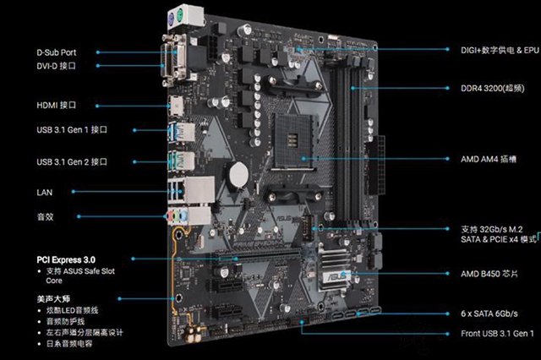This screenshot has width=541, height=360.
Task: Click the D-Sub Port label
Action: click(56, 52)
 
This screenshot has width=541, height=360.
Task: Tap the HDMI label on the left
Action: click(57, 106)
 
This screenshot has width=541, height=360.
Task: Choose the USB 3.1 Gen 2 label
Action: click(72, 161)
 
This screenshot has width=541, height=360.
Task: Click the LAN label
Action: click(44, 192)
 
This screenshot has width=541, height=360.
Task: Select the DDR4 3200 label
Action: click(493, 88)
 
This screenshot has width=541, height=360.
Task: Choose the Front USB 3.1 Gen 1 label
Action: click(496, 335)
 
